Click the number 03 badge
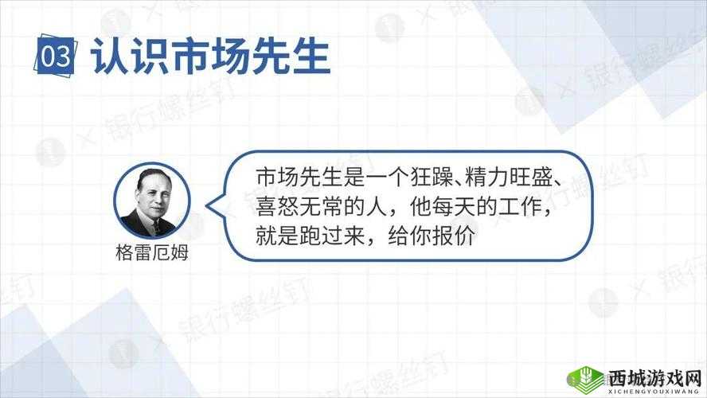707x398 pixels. click(56, 58)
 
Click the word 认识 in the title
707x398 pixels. click(122, 57)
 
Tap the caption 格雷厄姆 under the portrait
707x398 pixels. click(151, 252)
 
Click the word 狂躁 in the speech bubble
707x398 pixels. click(438, 176)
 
